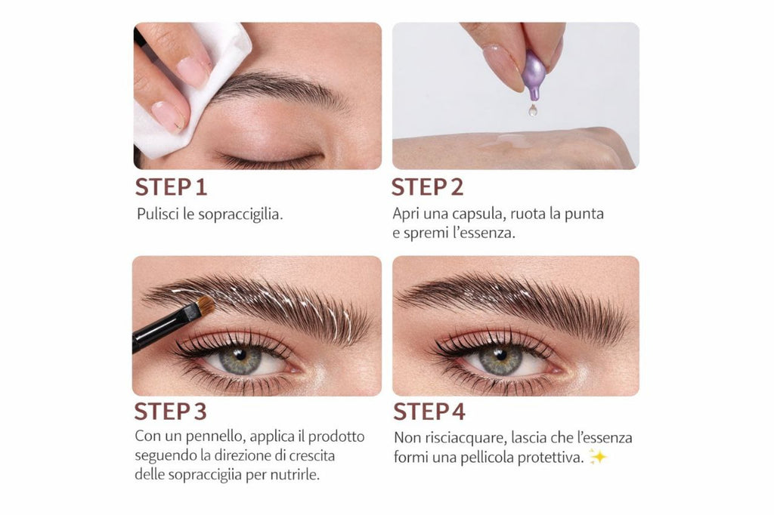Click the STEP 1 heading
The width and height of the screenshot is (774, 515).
171,187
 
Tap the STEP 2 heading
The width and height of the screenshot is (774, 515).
427,187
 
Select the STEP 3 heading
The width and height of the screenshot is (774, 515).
170,412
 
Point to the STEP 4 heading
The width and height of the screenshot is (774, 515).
429,412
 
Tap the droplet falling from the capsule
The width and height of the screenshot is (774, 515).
533,110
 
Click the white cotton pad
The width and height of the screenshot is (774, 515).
189,91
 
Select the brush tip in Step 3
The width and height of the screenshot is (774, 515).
204,306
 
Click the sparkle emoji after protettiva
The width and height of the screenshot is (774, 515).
598,457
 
